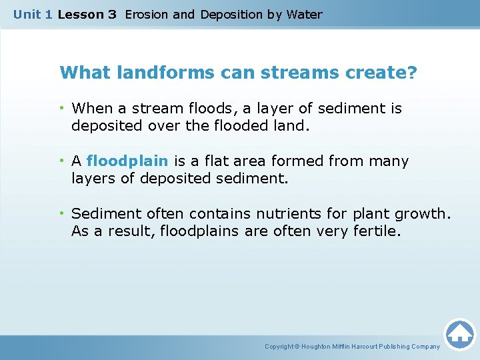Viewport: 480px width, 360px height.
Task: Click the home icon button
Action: (x=459, y=334)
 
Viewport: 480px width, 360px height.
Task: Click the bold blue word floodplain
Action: (x=127, y=161)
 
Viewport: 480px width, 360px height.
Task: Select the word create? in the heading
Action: (x=381, y=72)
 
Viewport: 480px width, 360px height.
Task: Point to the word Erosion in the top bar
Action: (x=146, y=14)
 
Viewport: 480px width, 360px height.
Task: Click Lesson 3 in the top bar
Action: (x=87, y=14)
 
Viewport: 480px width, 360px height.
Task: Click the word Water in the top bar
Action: (x=304, y=14)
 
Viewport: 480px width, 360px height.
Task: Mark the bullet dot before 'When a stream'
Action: (x=63, y=108)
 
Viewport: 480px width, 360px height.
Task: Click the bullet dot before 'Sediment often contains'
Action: (x=63, y=214)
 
